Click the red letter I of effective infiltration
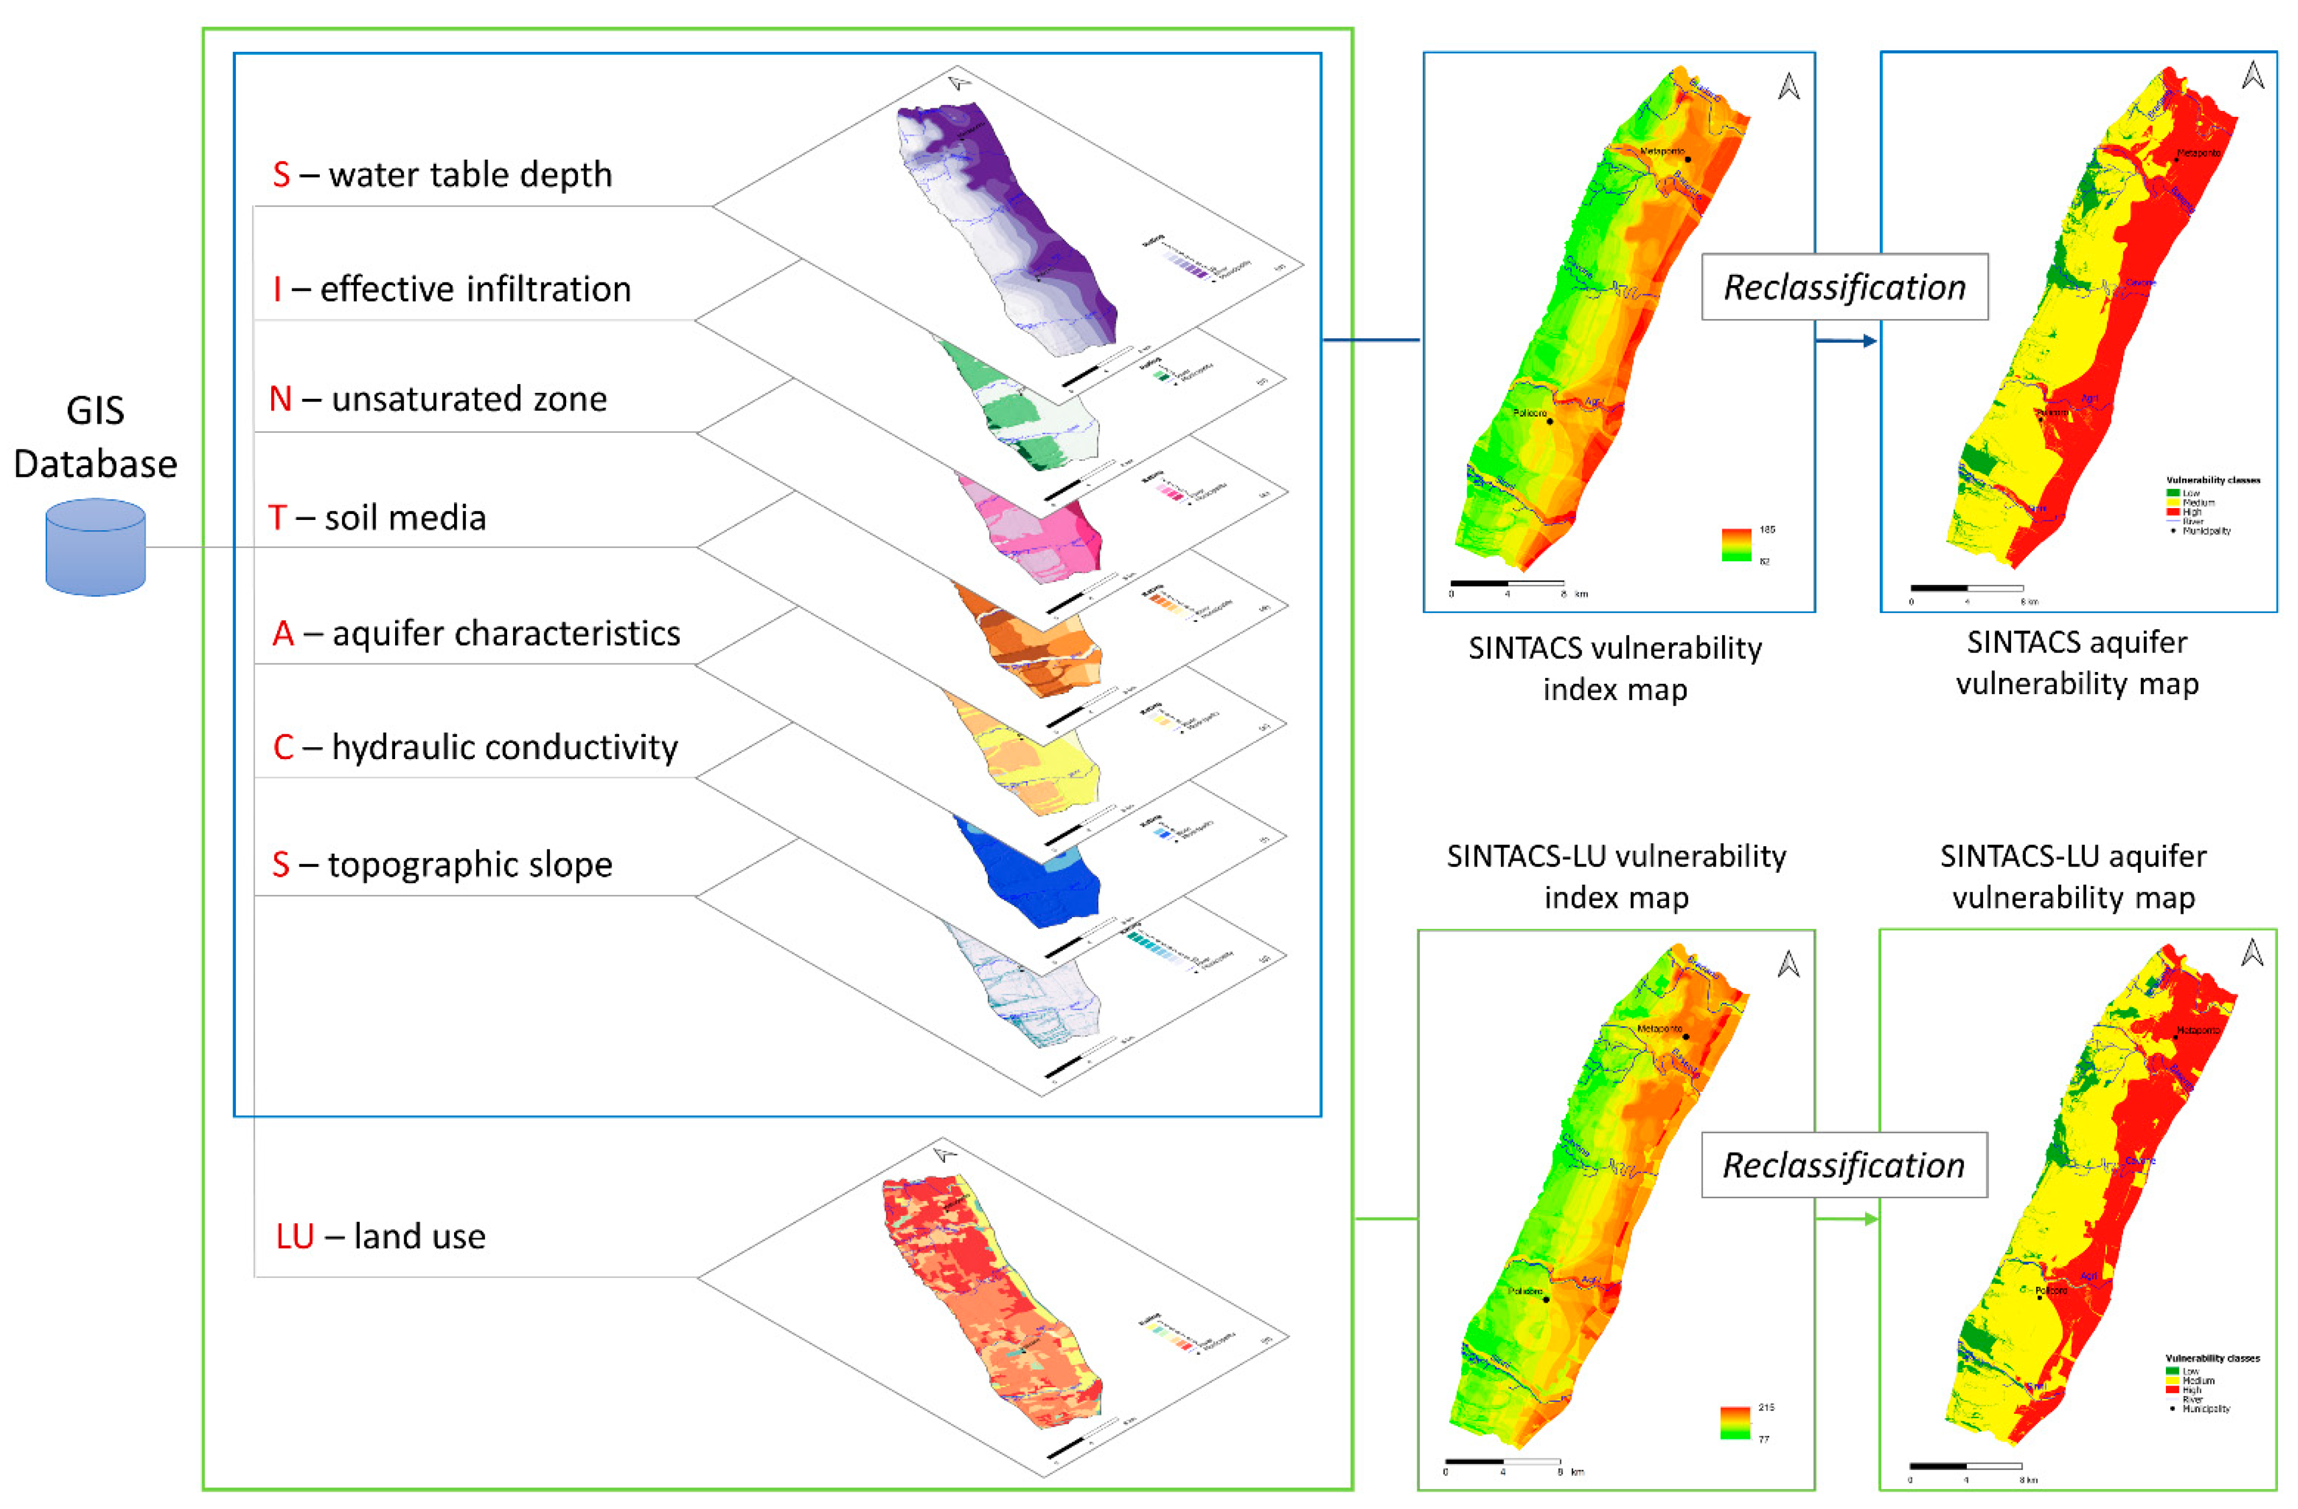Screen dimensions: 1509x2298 [x=277, y=289]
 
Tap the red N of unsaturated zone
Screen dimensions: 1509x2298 [x=280, y=399]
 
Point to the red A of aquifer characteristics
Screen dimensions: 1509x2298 [x=283, y=634]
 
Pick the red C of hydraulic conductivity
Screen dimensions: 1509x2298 [x=283, y=747]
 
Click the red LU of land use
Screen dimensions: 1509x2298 [x=294, y=1237]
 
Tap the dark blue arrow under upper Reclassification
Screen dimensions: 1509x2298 [x=1846, y=341]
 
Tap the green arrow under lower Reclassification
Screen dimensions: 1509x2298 [x=1846, y=1220]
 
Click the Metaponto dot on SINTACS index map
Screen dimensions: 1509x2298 [x=1688, y=159]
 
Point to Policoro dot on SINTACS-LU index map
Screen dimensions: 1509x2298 [x=1546, y=1300]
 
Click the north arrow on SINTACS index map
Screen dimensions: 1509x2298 [x=1788, y=87]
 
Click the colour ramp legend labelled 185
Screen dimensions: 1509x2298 [x=1736, y=544]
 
